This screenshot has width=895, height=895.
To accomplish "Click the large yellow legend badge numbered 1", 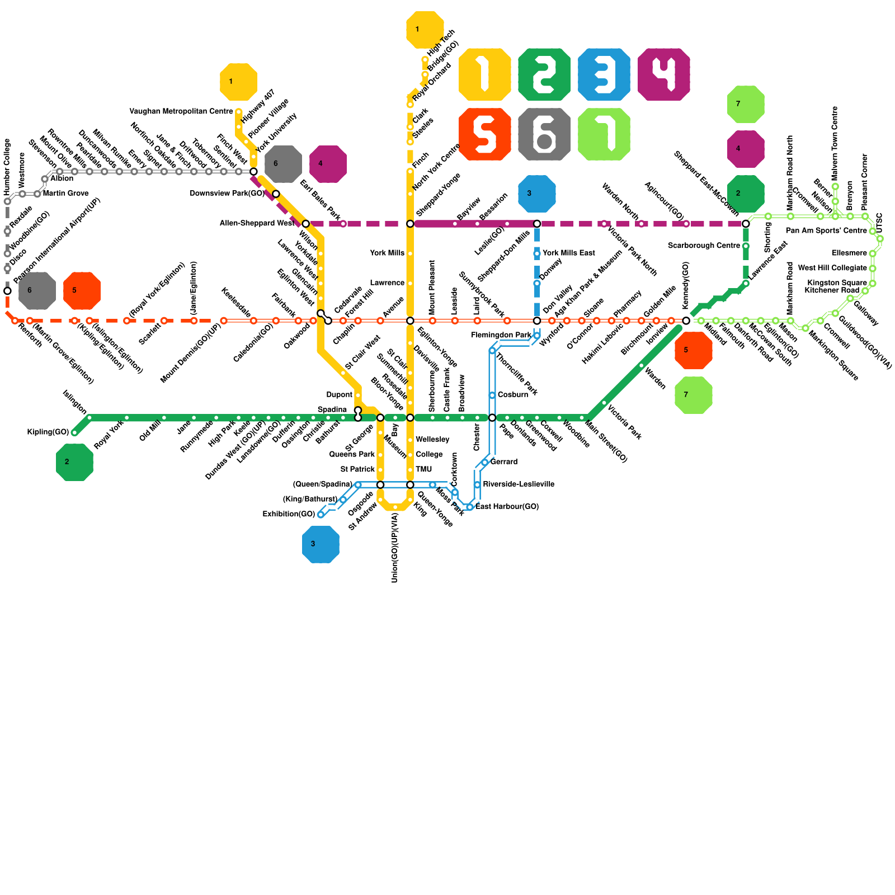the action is (484, 74).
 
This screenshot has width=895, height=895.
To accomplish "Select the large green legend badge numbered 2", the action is (544, 74).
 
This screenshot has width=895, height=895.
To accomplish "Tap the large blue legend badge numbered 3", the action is (604, 74).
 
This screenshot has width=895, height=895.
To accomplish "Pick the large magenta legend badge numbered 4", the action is (663, 74).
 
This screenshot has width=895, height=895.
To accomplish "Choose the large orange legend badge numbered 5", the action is (484, 134).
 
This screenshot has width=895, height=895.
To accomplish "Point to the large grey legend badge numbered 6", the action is (544, 134).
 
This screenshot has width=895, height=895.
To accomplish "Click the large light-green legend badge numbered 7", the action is (604, 134).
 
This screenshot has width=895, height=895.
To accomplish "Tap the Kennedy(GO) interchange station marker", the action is (686, 321).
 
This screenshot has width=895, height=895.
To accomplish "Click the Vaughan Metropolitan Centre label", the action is (181, 111).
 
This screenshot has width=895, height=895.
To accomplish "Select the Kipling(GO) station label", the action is (48, 432).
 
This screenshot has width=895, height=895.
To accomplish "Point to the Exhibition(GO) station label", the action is (289, 514).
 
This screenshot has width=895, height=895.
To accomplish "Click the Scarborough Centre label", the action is (704, 246).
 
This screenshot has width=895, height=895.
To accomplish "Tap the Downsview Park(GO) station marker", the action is (276, 194).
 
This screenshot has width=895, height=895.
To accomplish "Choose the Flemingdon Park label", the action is (501, 335).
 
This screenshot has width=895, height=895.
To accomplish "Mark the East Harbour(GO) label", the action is (507, 507).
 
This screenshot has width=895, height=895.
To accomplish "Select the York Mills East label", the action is (568, 253).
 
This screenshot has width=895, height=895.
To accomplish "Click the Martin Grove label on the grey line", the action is (65, 194).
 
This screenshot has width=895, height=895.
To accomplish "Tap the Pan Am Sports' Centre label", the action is (826, 231).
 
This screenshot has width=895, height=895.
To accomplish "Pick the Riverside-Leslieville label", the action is (519, 484).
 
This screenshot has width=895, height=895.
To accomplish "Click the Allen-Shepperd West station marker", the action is (305, 224).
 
